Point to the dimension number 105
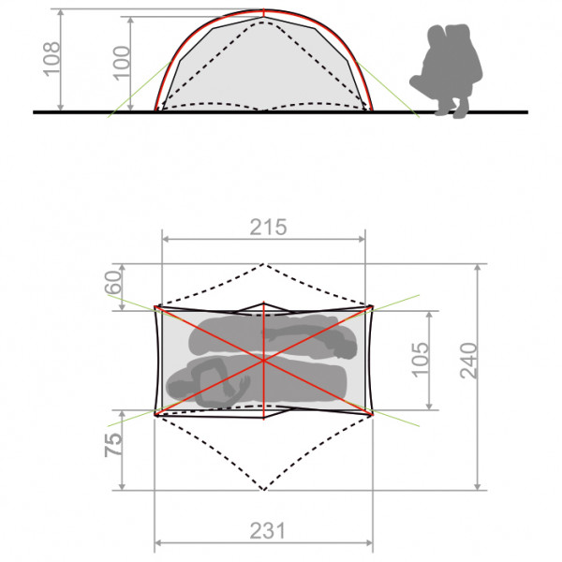(x=421, y=359)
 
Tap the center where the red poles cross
(x=264, y=359)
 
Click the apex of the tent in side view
(x=264, y=12)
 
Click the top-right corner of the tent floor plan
(x=372, y=306)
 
